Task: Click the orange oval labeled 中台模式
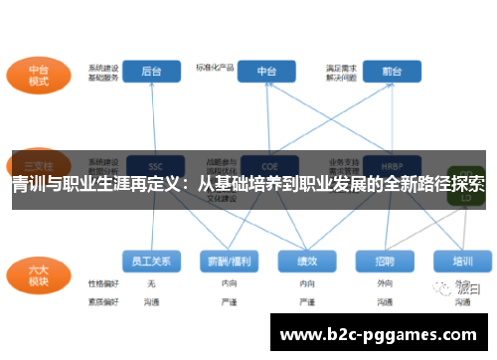point(39,77)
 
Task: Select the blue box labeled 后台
point(152,72)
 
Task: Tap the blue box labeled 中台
point(266,72)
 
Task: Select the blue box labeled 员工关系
point(152,262)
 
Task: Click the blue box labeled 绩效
point(307,262)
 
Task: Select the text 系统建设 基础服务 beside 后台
point(103,71)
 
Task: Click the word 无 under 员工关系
point(151,284)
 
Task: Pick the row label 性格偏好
point(103,284)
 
